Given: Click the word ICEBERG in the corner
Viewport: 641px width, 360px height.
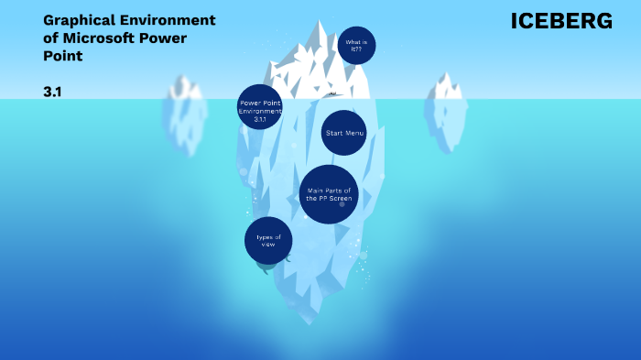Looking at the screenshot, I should (x=561, y=20).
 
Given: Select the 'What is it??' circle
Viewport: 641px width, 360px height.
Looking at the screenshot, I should (x=356, y=45).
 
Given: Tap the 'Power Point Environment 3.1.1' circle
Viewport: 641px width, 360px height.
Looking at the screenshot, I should (x=259, y=107).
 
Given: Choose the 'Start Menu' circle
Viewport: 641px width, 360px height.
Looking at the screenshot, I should (x=344, y=133).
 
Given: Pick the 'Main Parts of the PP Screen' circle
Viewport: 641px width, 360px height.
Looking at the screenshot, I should (x=329, y=194).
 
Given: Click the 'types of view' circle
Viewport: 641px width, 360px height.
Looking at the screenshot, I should (x=268, y=240).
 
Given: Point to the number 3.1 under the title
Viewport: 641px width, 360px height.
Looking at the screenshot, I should (x=52, y=93).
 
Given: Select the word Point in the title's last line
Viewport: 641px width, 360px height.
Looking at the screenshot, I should (x=62, y=56).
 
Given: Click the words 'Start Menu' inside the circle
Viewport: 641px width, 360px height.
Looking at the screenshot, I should (x=344, y=133).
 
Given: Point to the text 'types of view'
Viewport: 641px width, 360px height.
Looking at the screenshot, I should (x=268, y=241).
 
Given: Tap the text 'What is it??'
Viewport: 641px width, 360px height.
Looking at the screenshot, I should (x=356, y=45).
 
